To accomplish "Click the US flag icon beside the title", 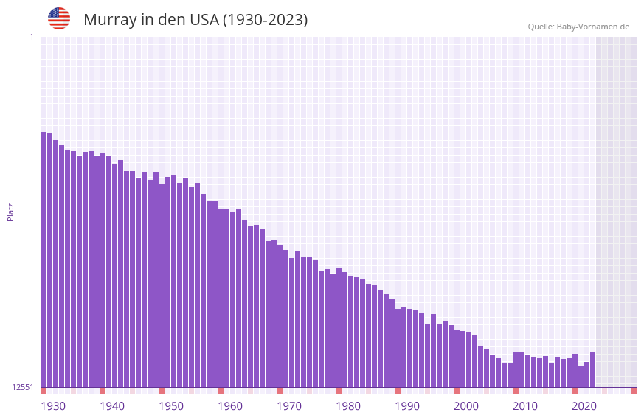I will [59, 18].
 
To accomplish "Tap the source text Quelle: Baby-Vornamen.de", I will [578, 27].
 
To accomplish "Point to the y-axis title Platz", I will [10, 212].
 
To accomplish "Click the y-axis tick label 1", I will [32, 37].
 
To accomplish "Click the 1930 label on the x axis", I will [53, 406].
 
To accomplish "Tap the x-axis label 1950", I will [171, 406].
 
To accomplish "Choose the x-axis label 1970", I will [289, 406].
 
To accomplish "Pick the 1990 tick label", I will [407, 406].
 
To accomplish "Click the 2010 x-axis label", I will [525, 406].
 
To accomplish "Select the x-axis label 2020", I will [584, 406].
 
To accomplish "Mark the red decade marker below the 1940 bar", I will [103, 391].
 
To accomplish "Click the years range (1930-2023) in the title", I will [265, 20].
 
